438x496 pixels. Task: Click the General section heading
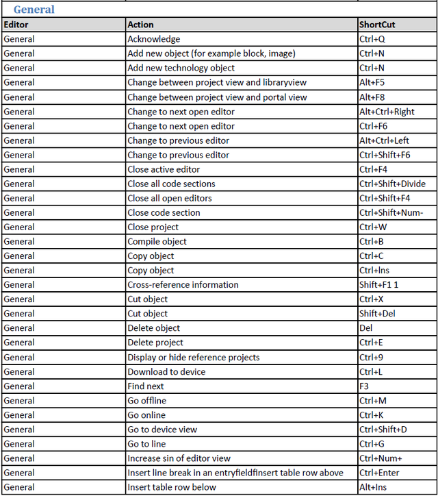(34, 10)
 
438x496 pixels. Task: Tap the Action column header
(141, 25)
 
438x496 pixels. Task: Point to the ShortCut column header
(377, 25)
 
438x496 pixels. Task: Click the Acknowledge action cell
(154, 39)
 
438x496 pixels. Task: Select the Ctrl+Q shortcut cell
(372, 39)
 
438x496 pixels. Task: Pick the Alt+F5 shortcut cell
(372, 82)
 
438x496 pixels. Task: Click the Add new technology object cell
(181, 68)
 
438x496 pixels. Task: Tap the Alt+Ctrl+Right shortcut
(387, 112)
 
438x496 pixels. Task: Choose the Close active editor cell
(164, 169)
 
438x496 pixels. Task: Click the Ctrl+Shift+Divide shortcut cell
(392, 184)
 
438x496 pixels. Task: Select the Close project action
(153, 227)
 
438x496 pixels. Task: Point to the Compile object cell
(157, 241)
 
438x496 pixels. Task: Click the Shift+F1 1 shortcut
(378, 284)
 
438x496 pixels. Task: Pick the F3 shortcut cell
(365, 386)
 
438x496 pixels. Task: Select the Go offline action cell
(146, 401)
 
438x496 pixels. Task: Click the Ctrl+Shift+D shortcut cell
(382, 430)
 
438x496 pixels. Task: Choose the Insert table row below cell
(171, 487)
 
